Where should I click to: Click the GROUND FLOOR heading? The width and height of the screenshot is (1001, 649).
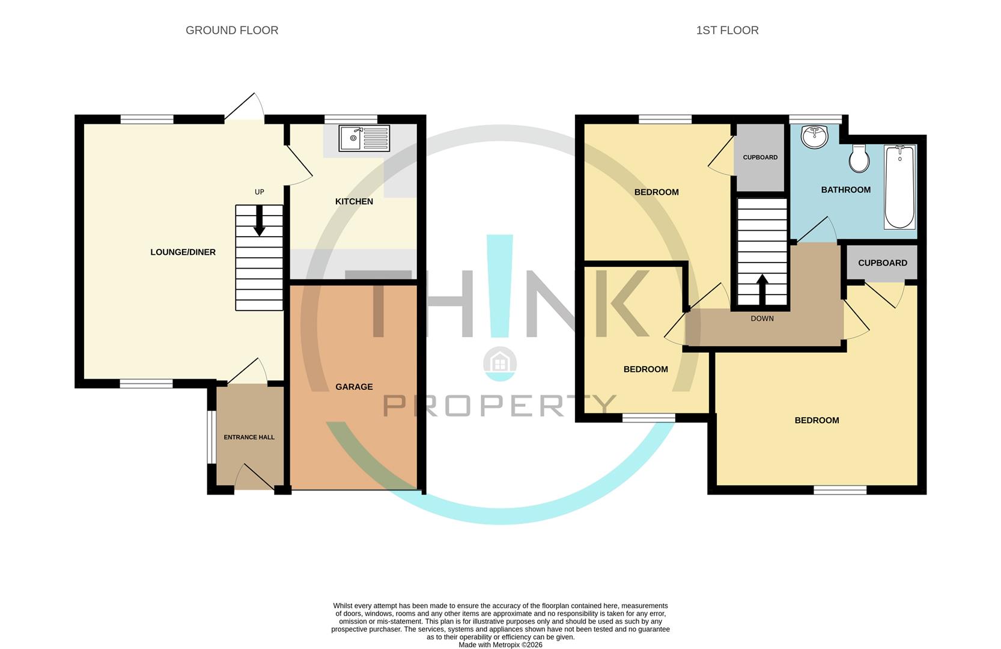coord(232,30)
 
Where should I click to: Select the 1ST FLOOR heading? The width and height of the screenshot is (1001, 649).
coord(727,30)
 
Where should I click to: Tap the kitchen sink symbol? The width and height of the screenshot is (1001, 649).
coord(364,139)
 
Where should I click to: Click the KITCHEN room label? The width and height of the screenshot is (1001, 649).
coord(354,201)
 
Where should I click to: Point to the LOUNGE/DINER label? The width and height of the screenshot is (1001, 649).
coord(183,252)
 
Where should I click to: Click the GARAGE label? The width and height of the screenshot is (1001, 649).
coord(354,386)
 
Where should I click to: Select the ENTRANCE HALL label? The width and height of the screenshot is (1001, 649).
coord(249,437)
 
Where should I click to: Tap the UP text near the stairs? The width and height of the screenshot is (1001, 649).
coord(259,192)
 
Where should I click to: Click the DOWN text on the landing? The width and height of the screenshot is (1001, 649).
coord(762,318)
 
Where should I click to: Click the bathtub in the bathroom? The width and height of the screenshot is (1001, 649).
coord(899,186)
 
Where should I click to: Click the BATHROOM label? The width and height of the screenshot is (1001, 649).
coord(845,190)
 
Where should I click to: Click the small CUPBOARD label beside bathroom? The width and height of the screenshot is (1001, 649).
coord(760,157)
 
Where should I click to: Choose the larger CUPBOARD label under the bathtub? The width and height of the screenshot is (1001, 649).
coord(882,263)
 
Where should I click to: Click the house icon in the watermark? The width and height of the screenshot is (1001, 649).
coord(500,363)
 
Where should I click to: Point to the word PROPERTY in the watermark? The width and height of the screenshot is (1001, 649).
coord(500,406)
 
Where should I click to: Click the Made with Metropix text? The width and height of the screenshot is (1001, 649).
coord(500,645)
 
